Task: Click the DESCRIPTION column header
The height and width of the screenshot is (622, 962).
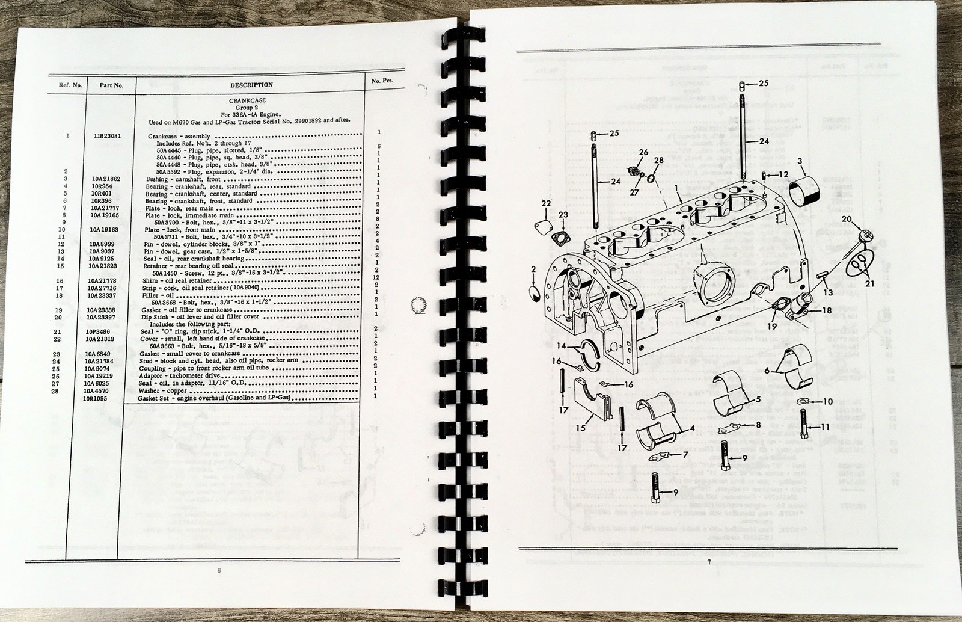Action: tap(251, 85)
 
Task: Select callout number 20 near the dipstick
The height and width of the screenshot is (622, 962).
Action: tap(847, 235)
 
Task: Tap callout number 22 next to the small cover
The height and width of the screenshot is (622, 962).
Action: tap(545, 203)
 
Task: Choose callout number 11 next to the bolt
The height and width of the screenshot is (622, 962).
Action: tap(826, 426)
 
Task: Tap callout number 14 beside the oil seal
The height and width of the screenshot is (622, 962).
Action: tap(560, 346)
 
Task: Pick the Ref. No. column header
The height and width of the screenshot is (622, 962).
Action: tap(70, 85)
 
